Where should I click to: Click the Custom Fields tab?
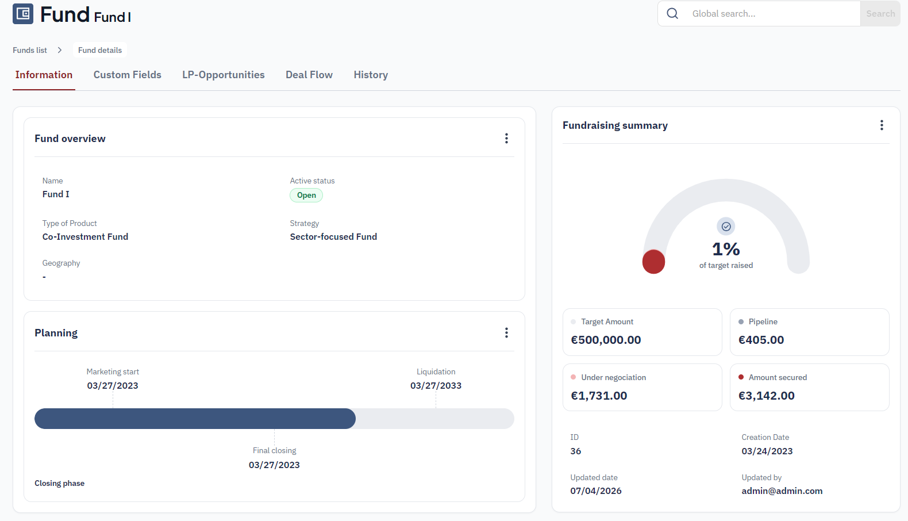[127, 75]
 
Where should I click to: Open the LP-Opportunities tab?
[224, 75]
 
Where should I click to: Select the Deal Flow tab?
[309, 75]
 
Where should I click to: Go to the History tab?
[371, 75]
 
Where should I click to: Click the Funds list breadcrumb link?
[29, 50]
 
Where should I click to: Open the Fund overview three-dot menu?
[506, 139]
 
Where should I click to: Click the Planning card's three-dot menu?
[506, 333]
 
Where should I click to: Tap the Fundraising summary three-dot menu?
[882, 125]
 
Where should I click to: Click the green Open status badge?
[306, 195]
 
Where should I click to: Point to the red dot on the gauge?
[653, 262]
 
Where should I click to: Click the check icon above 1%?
[726, 227]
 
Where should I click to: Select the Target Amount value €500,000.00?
[606, 340]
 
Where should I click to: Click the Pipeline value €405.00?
[761, 340]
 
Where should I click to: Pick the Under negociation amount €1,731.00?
[599, 395]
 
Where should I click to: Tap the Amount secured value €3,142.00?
[766, 395]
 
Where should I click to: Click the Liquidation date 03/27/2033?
[436, 385]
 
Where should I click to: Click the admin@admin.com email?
[782, 491]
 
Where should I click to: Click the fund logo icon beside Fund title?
[23, 14]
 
